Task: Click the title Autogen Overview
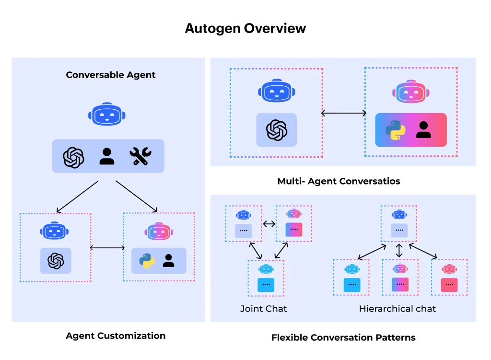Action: pos(245,28)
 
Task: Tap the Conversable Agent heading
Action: pos(111,75)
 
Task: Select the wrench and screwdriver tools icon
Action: pos(140,156)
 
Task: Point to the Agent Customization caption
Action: pos(116,336)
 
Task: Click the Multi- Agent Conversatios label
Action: pos(339,181)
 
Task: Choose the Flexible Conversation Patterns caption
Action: pos(343,337)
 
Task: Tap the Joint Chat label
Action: pos(263,309)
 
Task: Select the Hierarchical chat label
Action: pos(397,309)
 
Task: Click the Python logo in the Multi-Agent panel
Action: pos(396,130)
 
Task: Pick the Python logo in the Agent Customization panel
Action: pos(147,261)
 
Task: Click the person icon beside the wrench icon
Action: pos(107,156)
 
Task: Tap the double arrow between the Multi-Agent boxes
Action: pos(343,114)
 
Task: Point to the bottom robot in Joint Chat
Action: pos(266,268)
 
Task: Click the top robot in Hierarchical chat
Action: pos(399,214)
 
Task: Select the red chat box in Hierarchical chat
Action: pos(449,285)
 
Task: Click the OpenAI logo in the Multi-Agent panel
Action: pos(277,130)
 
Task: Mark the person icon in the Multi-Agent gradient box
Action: pos(423,130)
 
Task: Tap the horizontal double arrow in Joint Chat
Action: pos(269,223)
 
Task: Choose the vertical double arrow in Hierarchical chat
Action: pos(399,250)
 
